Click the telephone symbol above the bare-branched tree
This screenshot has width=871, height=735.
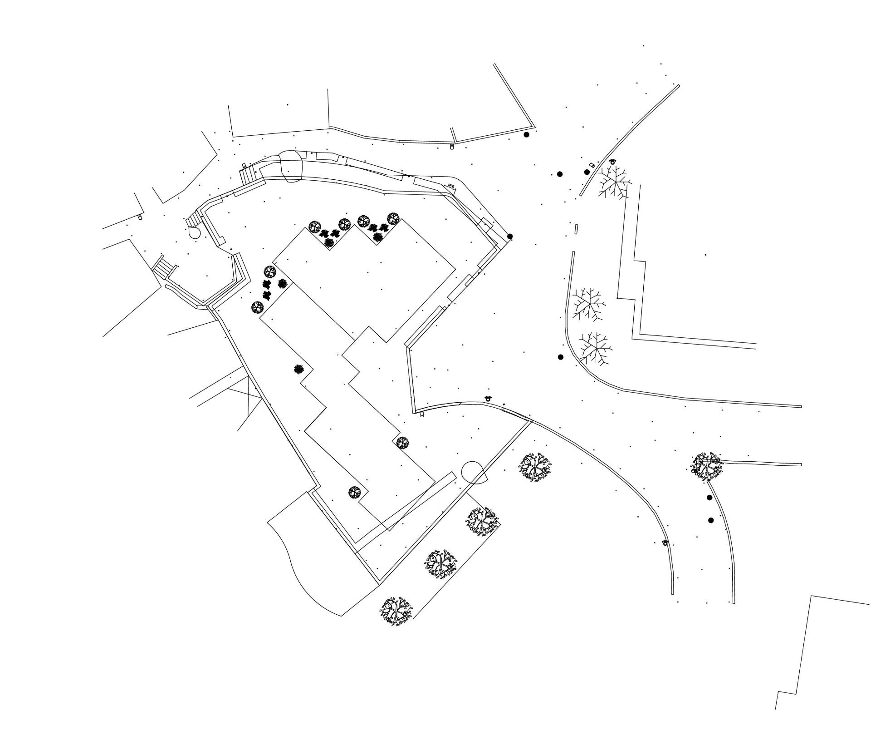pos(613,161)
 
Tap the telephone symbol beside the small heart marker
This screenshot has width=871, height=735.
pos(488,398)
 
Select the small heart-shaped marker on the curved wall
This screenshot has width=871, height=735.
pos(504,404)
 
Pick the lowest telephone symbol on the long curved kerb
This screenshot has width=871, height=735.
pos(665,543)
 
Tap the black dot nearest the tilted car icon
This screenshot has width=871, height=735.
pos(587,172)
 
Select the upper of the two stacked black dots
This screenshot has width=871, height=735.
pos(710,498)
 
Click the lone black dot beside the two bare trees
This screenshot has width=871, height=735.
pos(560,357)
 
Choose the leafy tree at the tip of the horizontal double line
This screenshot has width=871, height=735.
pos(705,465)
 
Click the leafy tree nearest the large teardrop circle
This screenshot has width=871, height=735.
pos(534,467)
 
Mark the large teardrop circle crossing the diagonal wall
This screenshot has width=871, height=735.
pos(474,473)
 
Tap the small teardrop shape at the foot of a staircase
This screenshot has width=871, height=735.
pos(195,232)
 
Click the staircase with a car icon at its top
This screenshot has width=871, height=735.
pos(247,175)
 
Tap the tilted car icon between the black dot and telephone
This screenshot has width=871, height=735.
pos(592,165)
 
